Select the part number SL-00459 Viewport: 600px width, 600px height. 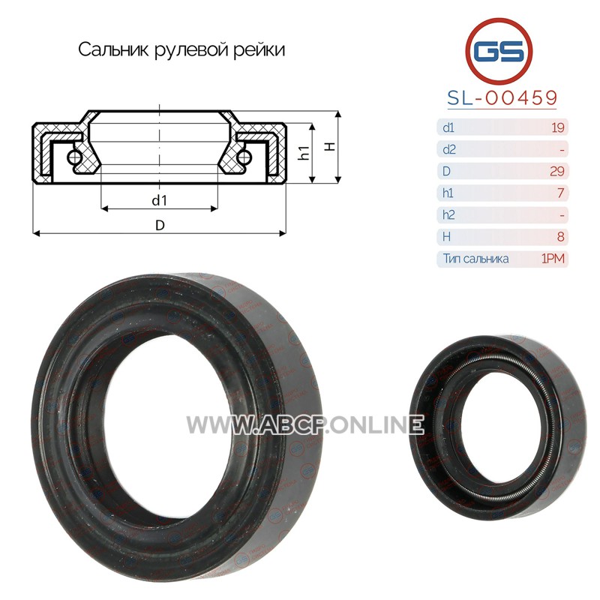coord(502,98)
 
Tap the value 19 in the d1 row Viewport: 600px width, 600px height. coord(558,127)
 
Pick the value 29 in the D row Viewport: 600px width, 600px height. coord(557,171)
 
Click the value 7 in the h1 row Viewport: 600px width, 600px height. coord(560,193)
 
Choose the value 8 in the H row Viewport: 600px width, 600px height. coord(560,237)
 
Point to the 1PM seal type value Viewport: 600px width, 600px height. coord(553,259)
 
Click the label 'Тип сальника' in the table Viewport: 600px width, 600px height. coord(475,259)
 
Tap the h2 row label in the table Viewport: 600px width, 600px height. coord(448,214)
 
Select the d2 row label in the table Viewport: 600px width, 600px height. coord(448,149)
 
